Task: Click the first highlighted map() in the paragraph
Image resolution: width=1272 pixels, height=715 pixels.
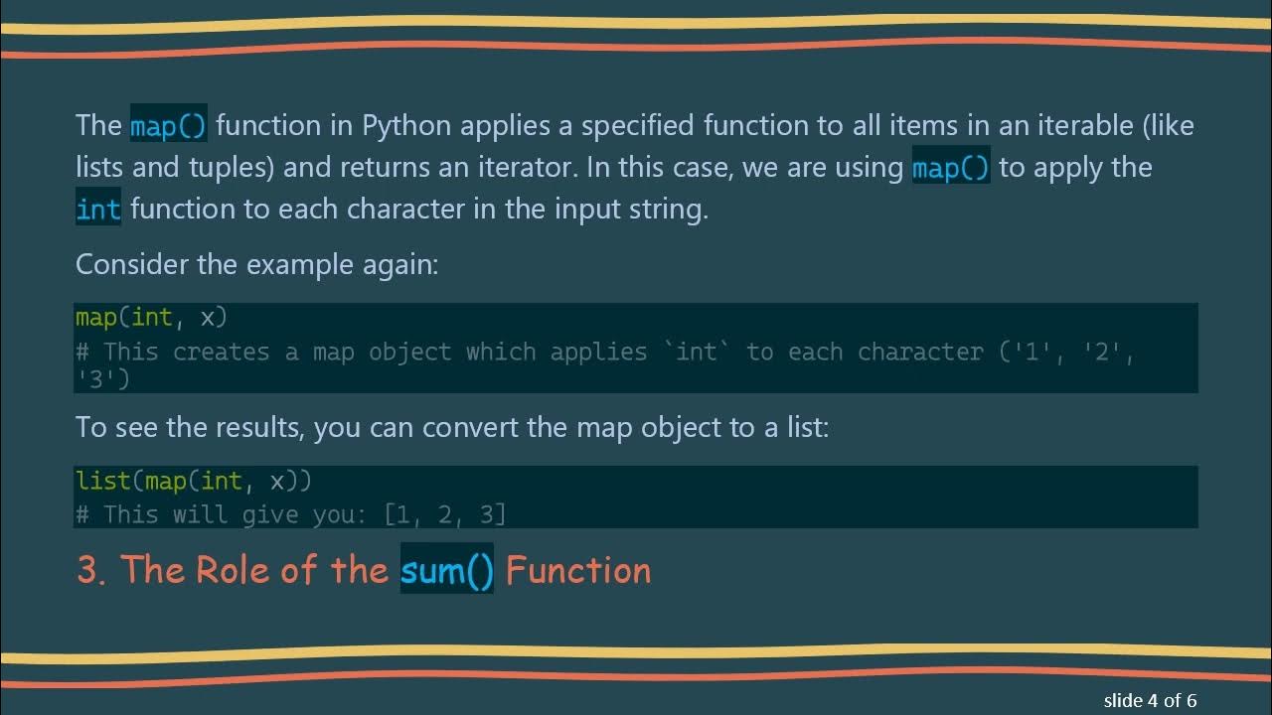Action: click(x=168, y=126)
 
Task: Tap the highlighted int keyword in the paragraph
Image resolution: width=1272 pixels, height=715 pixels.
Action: click(x=97, y=210)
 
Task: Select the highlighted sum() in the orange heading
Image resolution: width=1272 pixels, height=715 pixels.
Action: click(x=446, y=570)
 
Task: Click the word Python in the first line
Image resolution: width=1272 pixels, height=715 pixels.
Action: click(x=405, y=126)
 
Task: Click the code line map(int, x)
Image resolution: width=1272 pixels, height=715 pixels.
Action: click(x=151, y=318)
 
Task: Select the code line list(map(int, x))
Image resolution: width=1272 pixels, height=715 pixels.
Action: click(x=194, y=482)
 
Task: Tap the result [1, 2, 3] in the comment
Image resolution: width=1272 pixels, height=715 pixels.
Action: click(x=445, y=514)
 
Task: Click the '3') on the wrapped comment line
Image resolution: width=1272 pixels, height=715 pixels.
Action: click(x=102, y=378)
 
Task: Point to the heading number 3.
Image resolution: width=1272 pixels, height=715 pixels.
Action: click(x=89, y=570)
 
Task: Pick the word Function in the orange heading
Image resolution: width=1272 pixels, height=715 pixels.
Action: click(x=578, y=570)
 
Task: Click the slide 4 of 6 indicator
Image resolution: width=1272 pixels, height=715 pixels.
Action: click(x=1150, y=700)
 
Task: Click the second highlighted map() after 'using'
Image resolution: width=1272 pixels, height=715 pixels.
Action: click(x=950, y=168)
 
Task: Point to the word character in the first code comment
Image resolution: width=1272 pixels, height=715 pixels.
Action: click(x=920, y=352)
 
